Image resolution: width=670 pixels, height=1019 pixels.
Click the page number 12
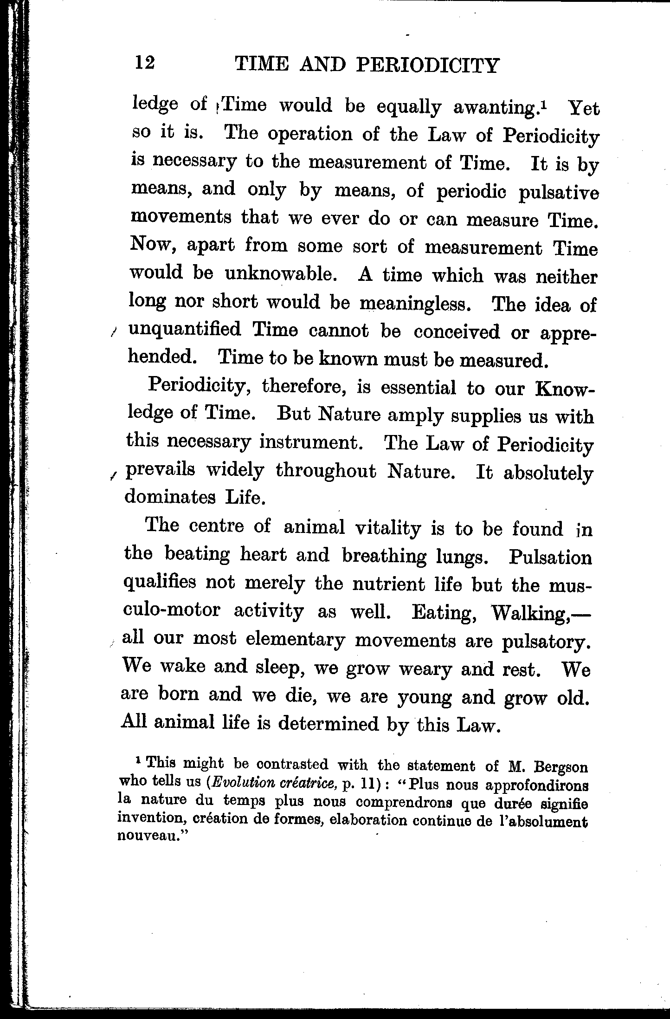coord(144,62)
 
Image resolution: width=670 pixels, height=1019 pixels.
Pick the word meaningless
coord(416,304)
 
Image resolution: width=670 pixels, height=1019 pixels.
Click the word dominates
coord(170,497)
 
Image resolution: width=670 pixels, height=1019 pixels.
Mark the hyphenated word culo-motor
coord(172,611)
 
